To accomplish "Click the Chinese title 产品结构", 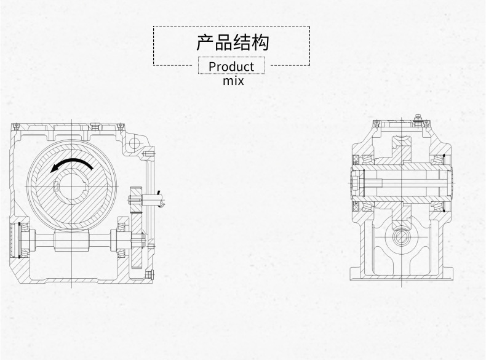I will [x=232, y=43].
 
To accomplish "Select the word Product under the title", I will [x=231, y=66].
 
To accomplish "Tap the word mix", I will [x=233, y=80].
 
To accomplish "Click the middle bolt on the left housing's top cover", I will [x=94, y=126].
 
